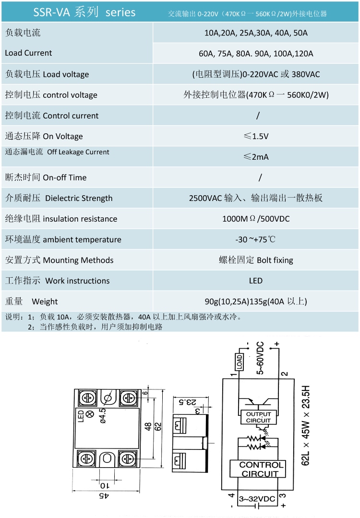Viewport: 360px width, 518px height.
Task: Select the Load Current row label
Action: click(x=28, y=53)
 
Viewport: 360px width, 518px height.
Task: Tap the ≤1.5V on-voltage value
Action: click(x=256, y=136)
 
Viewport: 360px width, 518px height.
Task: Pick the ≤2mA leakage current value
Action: click(x=256, y=157)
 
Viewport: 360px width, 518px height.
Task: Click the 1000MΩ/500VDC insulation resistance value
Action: click(x=256, y=219)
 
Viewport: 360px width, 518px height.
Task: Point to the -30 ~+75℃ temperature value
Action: click(x=256, y=239)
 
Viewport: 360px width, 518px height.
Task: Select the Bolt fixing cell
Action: click(x=256, y=260)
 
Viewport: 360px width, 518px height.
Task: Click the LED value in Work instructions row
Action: click(x=256, y=281)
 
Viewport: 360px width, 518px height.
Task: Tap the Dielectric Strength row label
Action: click(x=59, y=198)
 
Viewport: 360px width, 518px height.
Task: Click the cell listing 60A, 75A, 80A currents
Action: click(x=256, y=53)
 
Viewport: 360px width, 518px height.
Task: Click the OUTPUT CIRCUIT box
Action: click(x=258, y=417)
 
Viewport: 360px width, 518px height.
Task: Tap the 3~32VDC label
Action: click(x=257, y=499)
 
